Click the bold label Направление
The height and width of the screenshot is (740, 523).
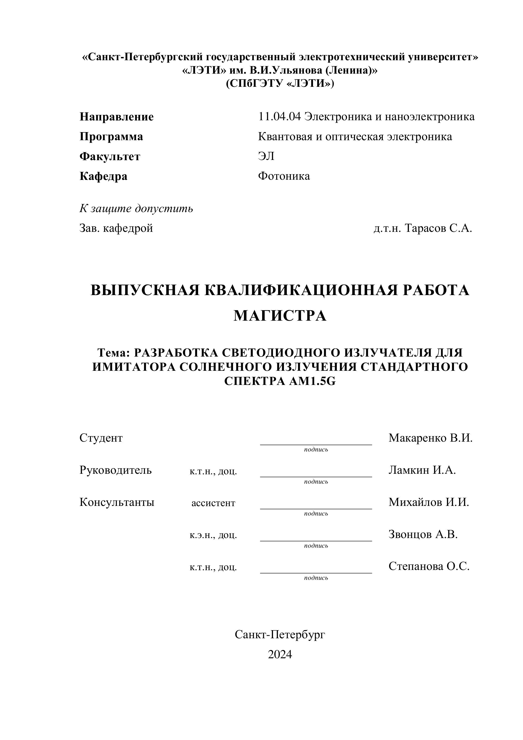116,117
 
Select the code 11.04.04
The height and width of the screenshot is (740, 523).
279,116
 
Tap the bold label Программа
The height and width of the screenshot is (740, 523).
111,137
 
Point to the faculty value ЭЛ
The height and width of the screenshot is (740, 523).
266,156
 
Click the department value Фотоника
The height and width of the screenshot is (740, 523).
284,176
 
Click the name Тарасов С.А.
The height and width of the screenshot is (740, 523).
438,228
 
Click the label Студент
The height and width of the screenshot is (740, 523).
101,438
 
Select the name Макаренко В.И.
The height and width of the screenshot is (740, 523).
430,438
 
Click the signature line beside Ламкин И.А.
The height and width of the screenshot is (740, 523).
316,476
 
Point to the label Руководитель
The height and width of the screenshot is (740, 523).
115,470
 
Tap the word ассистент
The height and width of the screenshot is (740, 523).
213,503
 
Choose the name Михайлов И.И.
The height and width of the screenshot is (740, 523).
429,502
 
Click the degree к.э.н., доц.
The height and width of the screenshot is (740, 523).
213,535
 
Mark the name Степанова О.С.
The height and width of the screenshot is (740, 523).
429,566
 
